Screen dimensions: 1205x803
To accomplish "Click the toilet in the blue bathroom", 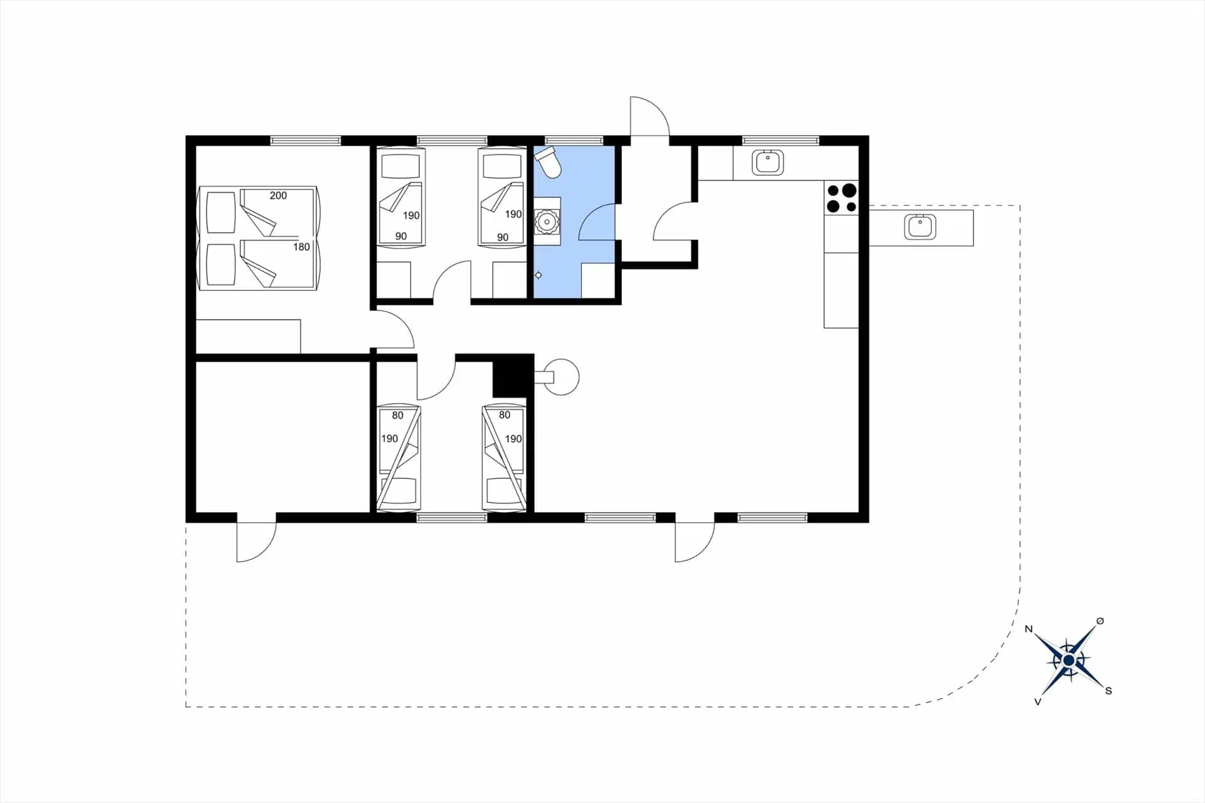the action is [547, 162].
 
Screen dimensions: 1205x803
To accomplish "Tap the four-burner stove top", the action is [841, 198].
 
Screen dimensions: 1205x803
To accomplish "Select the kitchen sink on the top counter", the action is [768, 163].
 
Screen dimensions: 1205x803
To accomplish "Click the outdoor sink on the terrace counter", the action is [920, 227].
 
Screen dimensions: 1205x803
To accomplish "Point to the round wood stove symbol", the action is [560, 377].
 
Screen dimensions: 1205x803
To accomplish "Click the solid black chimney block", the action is [513, 375].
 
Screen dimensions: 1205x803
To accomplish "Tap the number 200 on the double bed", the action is [278, 196].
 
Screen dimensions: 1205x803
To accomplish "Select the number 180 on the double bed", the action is [301, 247].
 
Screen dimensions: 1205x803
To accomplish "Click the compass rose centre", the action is [1068, 660].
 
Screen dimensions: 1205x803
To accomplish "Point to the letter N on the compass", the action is [1029, 629].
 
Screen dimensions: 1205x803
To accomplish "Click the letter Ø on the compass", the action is [1100, 621].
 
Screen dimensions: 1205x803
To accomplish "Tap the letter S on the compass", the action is [1108, 691].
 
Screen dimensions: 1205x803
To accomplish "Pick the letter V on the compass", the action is [1037, 701].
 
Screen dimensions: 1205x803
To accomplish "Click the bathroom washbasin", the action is [547, 222].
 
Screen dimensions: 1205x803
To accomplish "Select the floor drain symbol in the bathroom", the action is [538, 275].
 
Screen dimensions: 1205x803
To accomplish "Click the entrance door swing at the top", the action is [650, 116].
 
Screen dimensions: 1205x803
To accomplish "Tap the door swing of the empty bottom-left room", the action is [256, 542].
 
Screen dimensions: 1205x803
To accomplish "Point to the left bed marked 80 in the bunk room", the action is [399, 457].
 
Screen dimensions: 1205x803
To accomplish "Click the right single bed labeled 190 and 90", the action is [502, 197].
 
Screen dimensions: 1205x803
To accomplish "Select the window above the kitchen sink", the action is [781, 140].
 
